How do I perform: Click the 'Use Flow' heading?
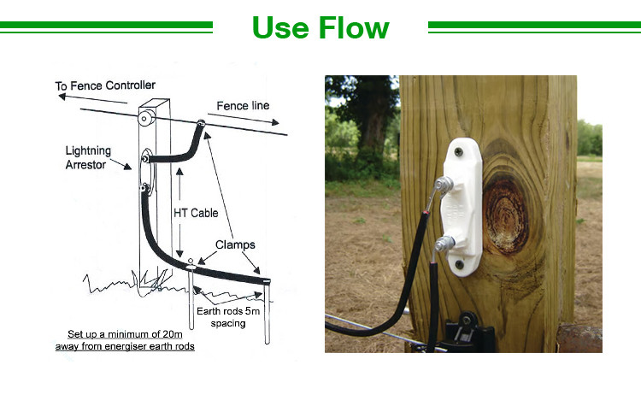[320, 27]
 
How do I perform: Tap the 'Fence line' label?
[243, 105]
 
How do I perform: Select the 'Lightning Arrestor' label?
[88, 158]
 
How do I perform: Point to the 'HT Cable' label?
[196, 213]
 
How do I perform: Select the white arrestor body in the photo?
[466, 202]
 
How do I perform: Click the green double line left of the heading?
[106, 27]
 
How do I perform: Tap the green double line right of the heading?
[534, 27]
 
